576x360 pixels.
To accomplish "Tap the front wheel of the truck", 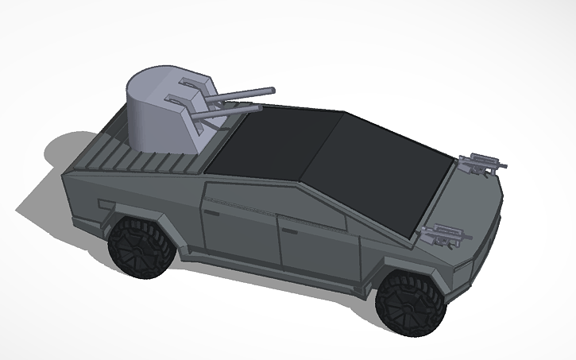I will (410, 305).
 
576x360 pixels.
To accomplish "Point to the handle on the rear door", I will (212, 214).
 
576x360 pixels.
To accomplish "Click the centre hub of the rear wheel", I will (141, 249).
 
